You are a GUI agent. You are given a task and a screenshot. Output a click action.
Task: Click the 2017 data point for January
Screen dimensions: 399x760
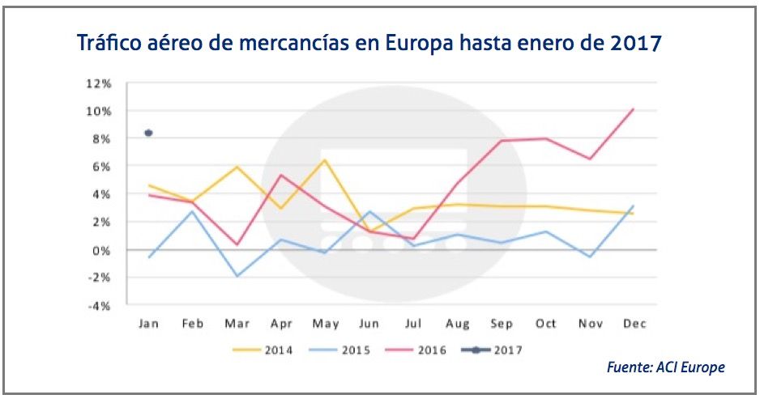click(x=148, y=133)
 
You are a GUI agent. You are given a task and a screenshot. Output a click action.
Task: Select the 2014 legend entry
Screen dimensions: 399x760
click(x=264, y=350)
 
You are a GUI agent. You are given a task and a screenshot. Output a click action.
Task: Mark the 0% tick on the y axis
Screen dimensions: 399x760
click(x=102, y=250)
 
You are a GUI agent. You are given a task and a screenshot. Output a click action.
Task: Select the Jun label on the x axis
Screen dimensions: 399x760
click(x=369, y=324)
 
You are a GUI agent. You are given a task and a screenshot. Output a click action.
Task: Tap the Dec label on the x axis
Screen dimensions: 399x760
click(x=633, y=324)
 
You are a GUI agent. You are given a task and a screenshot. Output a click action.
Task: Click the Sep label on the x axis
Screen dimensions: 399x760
click(x=501, y=324)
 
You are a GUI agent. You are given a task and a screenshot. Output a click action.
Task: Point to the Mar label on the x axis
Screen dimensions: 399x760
click(x=236, y=324)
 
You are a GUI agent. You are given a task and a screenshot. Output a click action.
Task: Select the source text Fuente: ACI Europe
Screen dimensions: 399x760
click(x=665, y=367)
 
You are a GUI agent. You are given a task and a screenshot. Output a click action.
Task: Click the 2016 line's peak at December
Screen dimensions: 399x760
click(x=633, y=109)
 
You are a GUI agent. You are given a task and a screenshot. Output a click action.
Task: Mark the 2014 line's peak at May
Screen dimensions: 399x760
click(x=324, y=159)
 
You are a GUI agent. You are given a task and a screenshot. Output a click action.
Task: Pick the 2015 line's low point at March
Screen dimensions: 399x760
click(x=236, y=276)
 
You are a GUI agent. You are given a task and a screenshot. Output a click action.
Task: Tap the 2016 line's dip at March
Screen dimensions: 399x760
click(x=236, y=244)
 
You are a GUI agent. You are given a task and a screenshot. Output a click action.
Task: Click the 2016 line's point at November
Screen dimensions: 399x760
click(x=589, y=159)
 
